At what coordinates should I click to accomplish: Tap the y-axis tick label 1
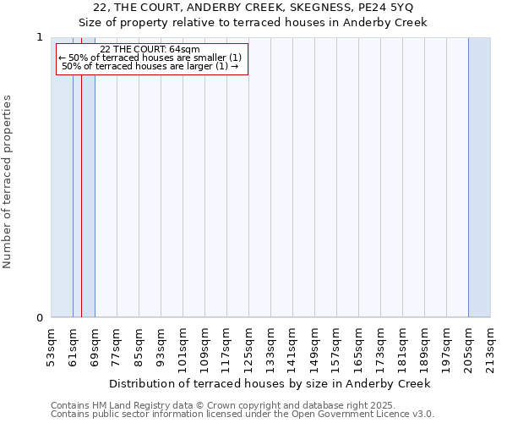pos(39,38)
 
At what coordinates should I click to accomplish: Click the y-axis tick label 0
pos(39,318)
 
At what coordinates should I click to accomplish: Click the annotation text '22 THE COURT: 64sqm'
pos(150,49)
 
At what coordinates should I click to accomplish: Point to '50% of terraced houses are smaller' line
pos(150,58)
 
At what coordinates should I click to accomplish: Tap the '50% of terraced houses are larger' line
pos(150,66)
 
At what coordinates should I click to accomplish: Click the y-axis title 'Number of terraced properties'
pos(8,182)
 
